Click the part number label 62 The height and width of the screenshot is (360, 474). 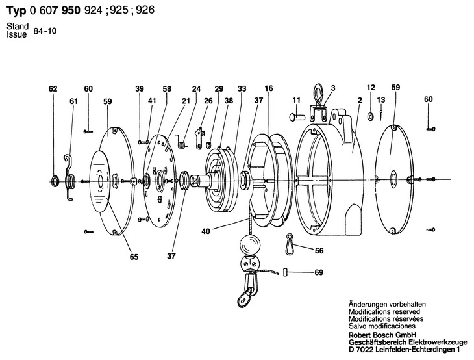point(53,89)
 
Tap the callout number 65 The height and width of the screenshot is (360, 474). point(134,257)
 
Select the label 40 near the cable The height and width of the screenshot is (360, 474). point(206,231)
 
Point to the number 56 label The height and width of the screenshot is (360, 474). point(319,250)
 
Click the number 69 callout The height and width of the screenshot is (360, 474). point(319,272)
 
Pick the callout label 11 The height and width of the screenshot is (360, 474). point(297,100)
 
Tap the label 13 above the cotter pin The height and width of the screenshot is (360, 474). point(381,100)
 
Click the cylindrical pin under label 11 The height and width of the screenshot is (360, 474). point(296,116)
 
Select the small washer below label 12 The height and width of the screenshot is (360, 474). point(370,116)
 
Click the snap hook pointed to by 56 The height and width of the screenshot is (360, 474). point(290,244)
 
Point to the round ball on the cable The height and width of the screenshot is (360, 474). point(250,244)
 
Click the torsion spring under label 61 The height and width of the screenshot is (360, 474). point(70,178)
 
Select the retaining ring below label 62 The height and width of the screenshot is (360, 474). point(55,181)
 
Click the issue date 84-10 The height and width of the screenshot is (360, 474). point(45,31)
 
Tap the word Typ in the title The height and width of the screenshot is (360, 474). point(16,10)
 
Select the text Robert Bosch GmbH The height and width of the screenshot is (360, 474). point(382,335)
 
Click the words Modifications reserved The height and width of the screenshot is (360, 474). point(384,311)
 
